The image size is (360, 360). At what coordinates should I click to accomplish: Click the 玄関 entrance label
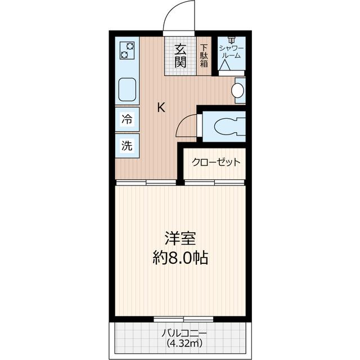pos(180,55)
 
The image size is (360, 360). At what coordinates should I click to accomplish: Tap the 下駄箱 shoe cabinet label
pos(204,55)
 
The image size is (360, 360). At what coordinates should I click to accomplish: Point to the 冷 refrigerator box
pos(127,119)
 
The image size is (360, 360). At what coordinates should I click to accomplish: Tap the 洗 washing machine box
pos(127,145)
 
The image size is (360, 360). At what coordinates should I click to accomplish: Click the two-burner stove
pos(127,51)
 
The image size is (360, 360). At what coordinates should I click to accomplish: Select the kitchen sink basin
pos(127,88)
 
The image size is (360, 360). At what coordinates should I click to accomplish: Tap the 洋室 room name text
pos(180,238)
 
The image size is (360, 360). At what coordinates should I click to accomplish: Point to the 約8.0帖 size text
pos(180,258)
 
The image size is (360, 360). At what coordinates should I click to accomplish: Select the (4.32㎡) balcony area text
pos(181,342)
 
